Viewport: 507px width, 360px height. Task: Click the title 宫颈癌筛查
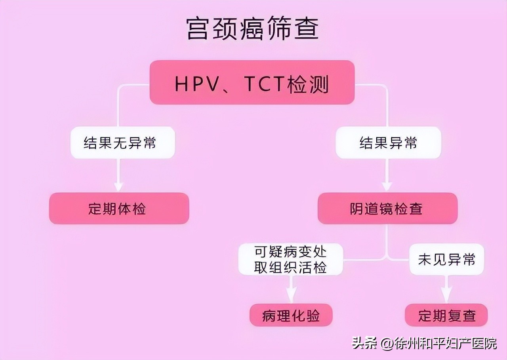coord(252,29)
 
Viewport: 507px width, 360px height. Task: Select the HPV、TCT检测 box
coord(252,83)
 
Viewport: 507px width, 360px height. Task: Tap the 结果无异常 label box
coord(122,143)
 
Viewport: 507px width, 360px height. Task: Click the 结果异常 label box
coord(388,143)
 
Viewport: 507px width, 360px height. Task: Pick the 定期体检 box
coord(119,209)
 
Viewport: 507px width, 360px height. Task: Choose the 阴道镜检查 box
coord(387,209)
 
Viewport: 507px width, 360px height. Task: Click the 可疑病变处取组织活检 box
coord(290,259)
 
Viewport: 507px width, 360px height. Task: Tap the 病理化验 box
coord(291,316)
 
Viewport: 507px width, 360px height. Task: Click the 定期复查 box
coord(446,316)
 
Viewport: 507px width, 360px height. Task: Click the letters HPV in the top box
coord(194,84)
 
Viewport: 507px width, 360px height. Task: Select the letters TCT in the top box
coord(265,84)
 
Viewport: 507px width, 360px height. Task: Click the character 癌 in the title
coord(252,29)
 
